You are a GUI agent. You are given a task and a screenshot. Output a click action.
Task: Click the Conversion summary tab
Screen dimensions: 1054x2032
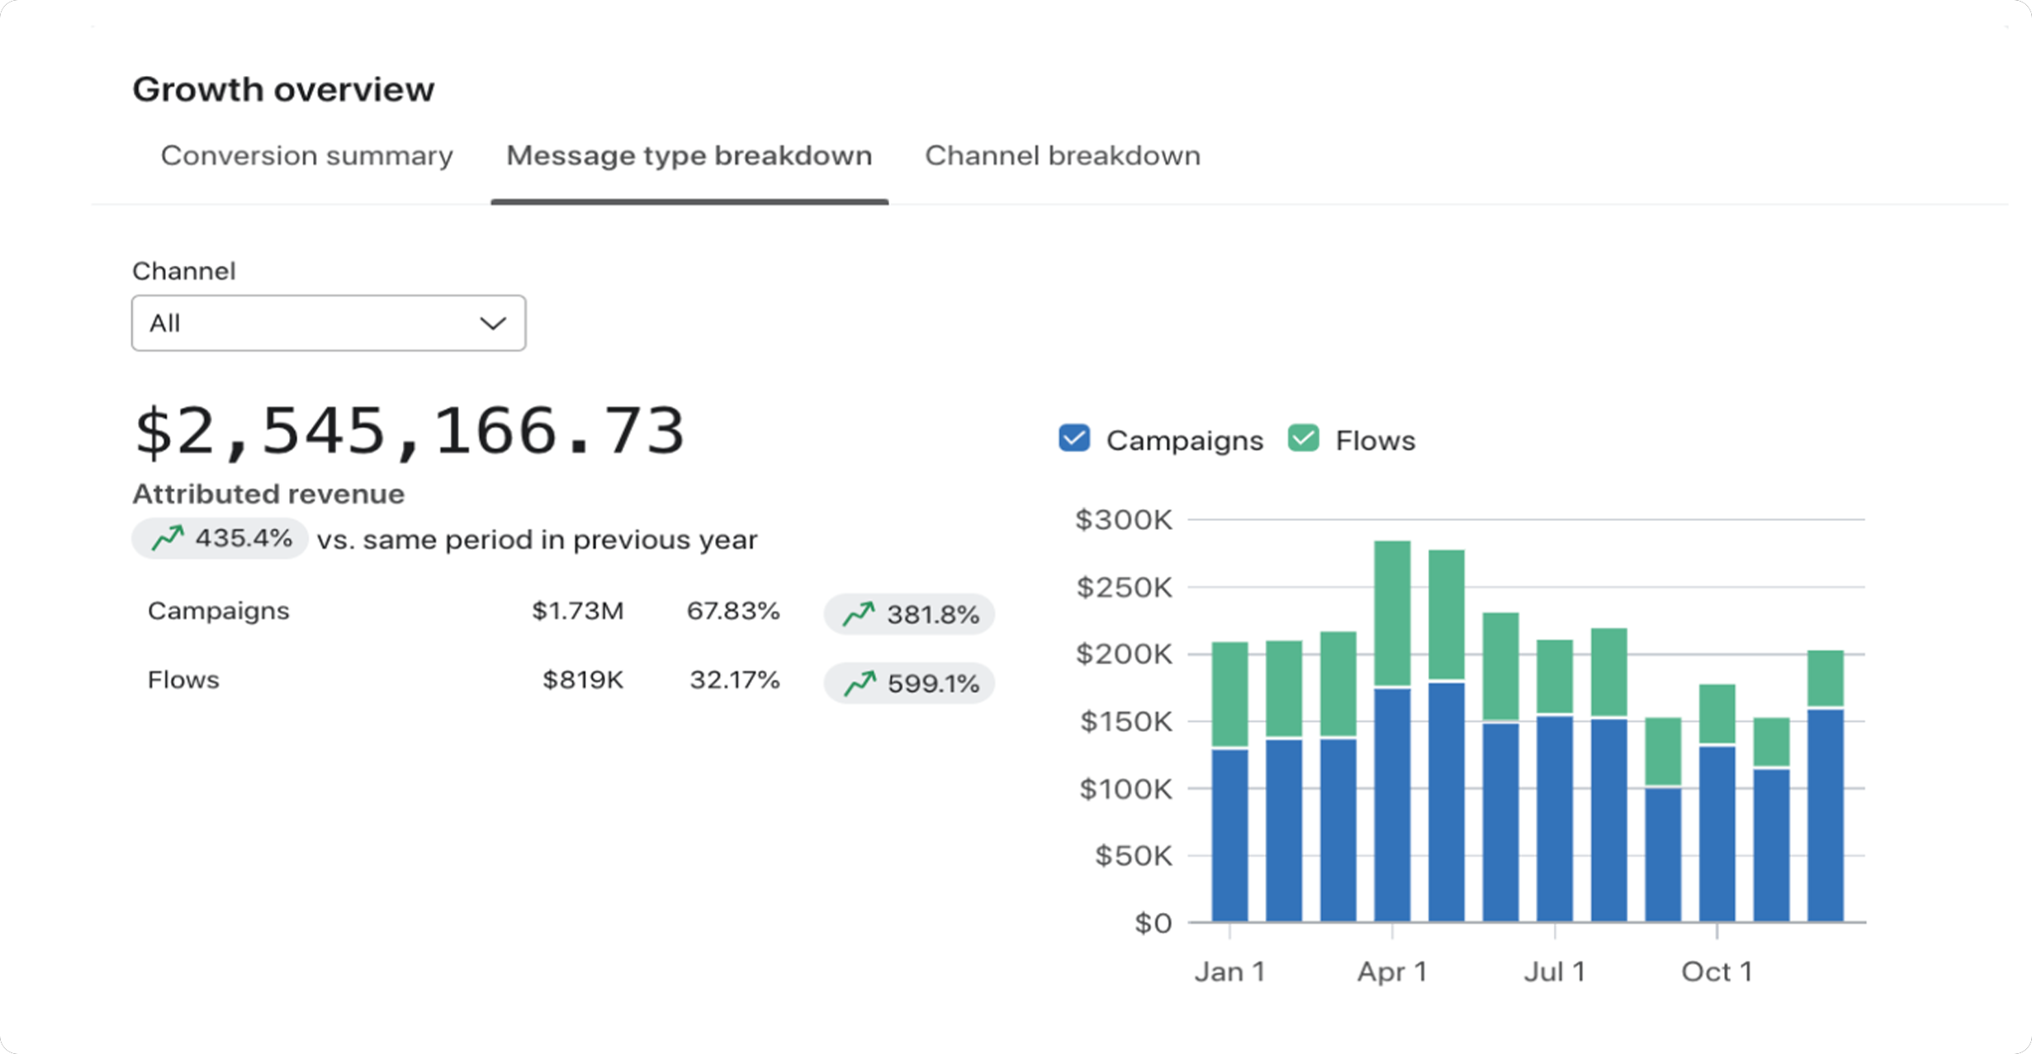[306, 155]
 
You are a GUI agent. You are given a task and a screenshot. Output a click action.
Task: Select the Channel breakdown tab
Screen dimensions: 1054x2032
[1062, 155]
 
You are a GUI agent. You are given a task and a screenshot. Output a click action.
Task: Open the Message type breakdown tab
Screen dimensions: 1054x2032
[689, 155]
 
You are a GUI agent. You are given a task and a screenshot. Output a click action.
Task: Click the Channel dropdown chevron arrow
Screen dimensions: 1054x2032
[493, 324]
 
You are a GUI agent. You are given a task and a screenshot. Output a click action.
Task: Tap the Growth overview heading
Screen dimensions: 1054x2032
[283, 89]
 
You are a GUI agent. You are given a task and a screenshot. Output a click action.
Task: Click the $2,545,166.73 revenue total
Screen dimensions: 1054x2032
[410, 431]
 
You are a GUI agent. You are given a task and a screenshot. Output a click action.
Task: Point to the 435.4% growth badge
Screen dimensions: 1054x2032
[220, 539]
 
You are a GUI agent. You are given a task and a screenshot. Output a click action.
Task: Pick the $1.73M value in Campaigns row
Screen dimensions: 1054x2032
[577, 611]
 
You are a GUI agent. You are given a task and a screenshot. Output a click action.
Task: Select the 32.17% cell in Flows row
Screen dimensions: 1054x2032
[734, 680]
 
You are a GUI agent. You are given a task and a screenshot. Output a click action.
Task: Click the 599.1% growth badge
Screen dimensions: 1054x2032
[909, 683]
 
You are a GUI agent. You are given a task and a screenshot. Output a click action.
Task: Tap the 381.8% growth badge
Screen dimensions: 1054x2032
[909, 614]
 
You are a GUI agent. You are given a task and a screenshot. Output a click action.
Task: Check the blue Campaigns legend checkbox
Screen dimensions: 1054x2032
[1074, 439]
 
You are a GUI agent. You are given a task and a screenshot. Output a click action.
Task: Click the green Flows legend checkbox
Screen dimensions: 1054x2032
[1303, 439]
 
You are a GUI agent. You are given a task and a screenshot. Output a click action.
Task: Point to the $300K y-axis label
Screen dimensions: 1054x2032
[1123, 520]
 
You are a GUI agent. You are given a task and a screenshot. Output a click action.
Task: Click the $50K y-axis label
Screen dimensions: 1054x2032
[1133, 856]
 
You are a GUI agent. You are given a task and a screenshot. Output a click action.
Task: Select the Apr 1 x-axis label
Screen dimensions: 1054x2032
[1392, 971]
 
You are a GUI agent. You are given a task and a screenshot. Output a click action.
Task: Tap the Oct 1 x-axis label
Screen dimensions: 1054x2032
[1717, 971]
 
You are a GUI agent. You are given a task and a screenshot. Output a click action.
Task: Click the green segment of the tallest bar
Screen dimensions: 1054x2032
[1392, 612]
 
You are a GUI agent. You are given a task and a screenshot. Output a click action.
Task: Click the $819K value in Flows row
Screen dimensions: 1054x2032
[582, 680]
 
